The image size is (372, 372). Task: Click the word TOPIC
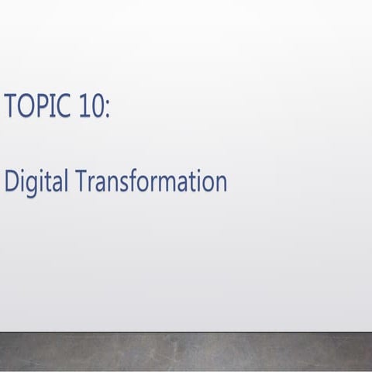(x=38, y=106)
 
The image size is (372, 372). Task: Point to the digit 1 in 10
(x=83, y=106)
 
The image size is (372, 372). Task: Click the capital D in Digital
(x=11, y=181)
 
